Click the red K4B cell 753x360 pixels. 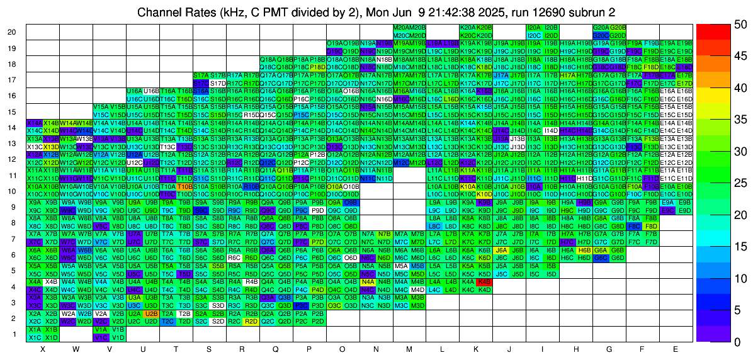pos(484,282)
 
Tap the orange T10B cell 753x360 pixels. pos(184,186)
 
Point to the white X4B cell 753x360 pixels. pos(51,282)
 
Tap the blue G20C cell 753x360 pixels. pos(601,35)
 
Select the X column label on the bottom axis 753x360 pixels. pos(43,349)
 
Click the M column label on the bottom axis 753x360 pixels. pos(409,349)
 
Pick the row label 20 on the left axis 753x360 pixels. pos(12,31)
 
